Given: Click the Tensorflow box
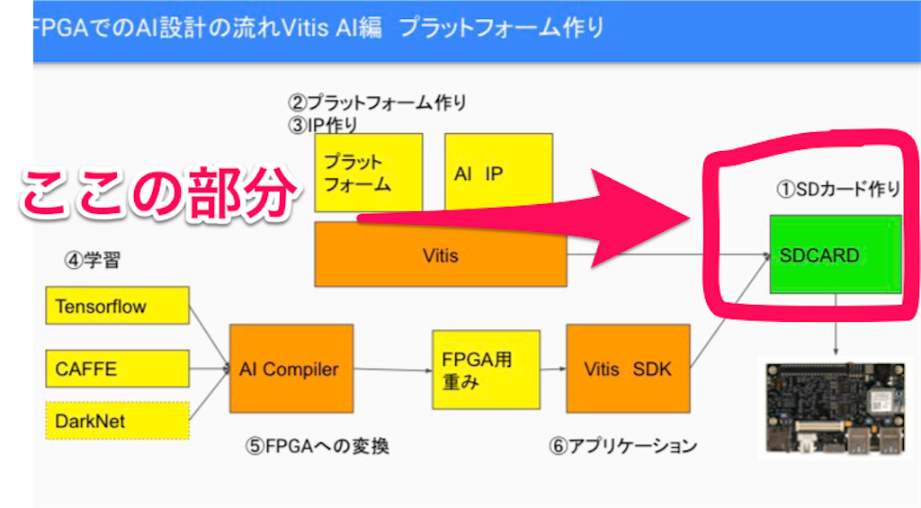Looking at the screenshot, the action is click(118, 306).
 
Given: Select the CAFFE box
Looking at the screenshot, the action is click(118, 369).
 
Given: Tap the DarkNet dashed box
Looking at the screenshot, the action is click(118, 421).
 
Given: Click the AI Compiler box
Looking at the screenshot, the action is click(291, 369).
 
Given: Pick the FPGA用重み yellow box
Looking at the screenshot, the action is click(486, 370).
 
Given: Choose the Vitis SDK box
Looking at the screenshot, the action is click(628, 369).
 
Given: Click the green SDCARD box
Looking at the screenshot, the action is click(836, 254).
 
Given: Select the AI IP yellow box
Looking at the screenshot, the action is click(498, 172).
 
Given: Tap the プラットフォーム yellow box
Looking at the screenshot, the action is click(368, 172).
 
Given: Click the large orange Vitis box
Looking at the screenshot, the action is click(441, 255).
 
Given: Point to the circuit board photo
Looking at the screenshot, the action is click(835, 408).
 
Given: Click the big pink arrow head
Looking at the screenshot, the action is click(640, 218).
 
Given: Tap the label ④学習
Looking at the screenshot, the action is click(93, 260).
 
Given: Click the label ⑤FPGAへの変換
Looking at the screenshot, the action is click(317, 446).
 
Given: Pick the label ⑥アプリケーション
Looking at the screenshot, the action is click(622, 446).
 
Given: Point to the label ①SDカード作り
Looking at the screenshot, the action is click(839, 189).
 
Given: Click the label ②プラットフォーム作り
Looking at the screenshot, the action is click(377, 102).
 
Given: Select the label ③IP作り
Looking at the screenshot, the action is click(323, 124).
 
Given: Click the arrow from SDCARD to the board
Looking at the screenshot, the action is click(836, 325).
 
